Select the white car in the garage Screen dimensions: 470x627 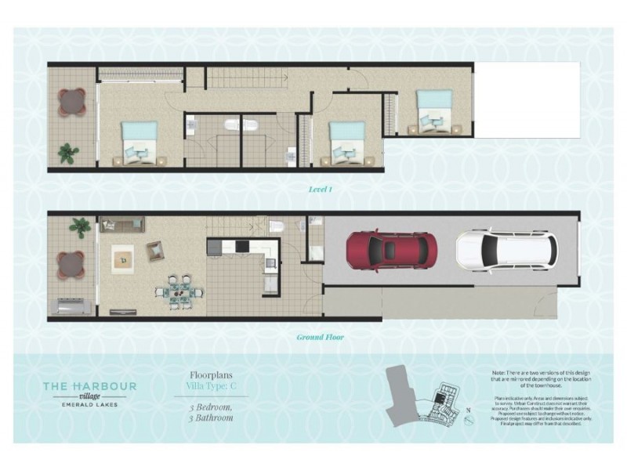click(x=506, y=249)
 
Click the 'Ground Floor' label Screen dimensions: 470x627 click(x=320, y=338)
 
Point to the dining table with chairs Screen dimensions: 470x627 click(x=179, y=287)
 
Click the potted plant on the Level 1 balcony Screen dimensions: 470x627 click(x=68, y=153)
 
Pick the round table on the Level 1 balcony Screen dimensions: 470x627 click(x=71, y=102)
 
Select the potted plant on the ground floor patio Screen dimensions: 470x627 click(x=79, y=228)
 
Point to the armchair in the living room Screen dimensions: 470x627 click(x=155, y=251)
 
